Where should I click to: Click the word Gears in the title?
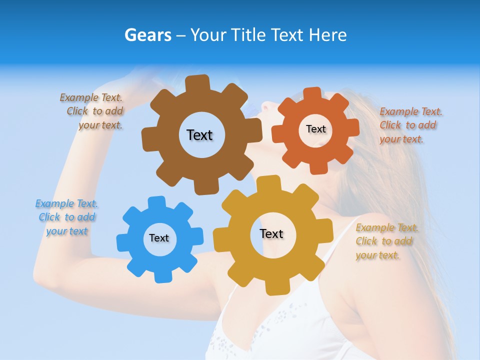pos(147,35)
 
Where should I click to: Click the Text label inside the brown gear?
pos(199,135)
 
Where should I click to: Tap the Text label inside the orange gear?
pos(315,129)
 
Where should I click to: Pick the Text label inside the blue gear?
pos(159,238)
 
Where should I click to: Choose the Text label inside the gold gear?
pos(271,233)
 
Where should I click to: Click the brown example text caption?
pos(92,111)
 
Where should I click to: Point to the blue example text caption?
pos(67,217)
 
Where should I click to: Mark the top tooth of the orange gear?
pos(312,93)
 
